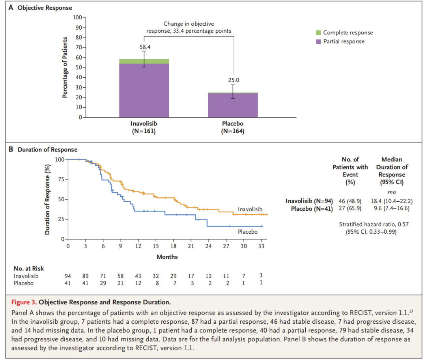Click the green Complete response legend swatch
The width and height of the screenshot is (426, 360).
click(x=319, y=33)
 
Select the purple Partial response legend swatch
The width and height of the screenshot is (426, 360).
click(x=319, y=41)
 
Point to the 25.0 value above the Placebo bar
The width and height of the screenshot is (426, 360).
click(x=233, y=80)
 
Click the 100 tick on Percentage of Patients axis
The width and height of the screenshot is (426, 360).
click(x=77, y=18)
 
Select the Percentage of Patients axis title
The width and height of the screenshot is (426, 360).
click(x=65, y=67)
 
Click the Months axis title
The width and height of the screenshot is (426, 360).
click(x=167, y=257)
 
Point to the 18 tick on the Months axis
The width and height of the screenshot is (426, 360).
click(x=173, y=247)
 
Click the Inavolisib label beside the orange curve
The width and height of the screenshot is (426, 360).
click(x=250, y=209)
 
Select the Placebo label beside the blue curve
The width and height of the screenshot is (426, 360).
click(x=248, y=232)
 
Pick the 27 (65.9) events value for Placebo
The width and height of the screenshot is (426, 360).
click(x=350, y=208)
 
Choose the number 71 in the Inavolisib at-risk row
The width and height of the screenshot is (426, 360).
click(x=103, y=276)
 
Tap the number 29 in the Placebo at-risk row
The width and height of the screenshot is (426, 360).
click(x=103, y=283)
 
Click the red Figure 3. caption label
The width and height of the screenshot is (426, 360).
click(x=26, y=303)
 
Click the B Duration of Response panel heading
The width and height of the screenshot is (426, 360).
click(x=43, y=150)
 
